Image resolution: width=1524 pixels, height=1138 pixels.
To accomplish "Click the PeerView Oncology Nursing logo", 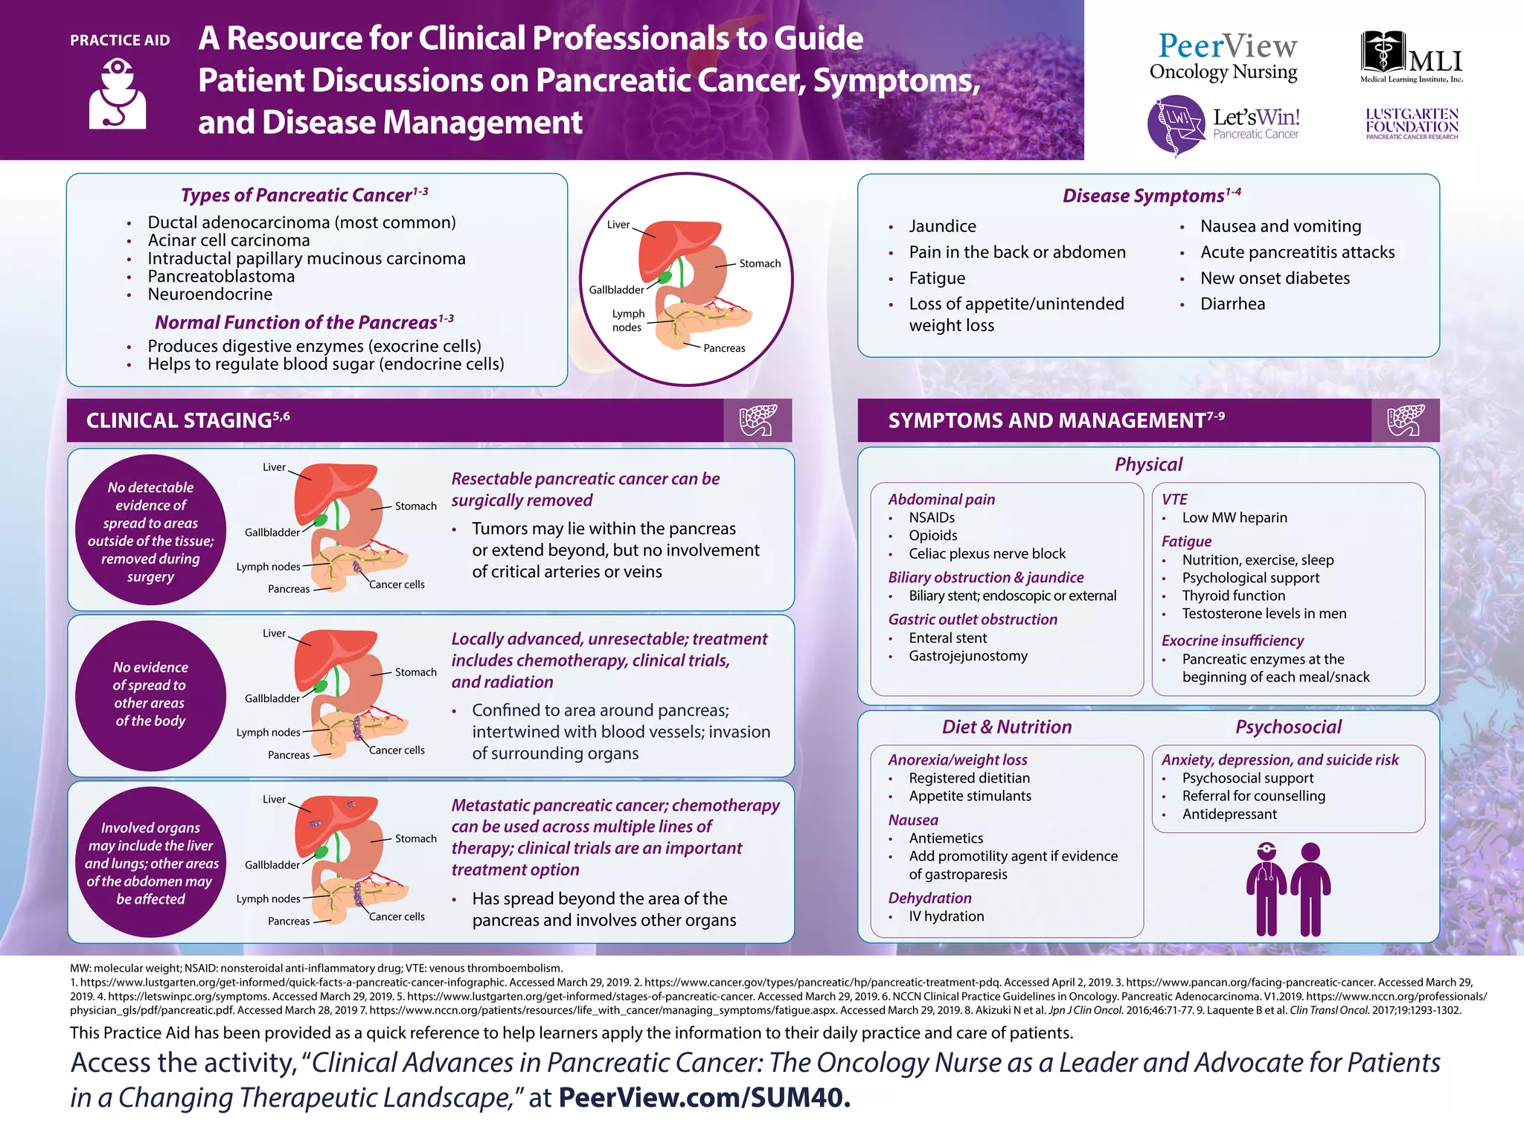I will coord(1226,57).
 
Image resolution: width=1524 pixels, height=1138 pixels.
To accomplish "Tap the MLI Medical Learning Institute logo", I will coord(1412,57).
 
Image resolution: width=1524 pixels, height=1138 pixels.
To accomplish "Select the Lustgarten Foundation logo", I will coord(1412,123).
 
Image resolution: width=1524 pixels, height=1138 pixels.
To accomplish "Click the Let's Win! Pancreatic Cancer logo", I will coord(1224,124).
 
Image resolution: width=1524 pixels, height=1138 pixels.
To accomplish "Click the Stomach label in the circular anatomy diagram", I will coord(760,263).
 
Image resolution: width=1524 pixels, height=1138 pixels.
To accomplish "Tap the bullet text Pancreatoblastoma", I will coord(221,277).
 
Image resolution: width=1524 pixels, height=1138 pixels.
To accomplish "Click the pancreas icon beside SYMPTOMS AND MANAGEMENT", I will coord(1405,420).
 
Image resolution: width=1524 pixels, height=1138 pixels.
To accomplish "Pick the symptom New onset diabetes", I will coord(1275,278).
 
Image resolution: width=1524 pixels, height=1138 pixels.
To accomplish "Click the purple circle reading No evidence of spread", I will coord(150,695).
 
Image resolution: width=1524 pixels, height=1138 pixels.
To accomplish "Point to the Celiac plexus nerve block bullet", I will coord(987,553).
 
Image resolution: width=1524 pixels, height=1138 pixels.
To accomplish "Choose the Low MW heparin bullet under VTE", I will coord(1234,518).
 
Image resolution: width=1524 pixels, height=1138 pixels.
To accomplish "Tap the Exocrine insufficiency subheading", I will coord(1232,640).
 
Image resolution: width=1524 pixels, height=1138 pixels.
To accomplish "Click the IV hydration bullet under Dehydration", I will coord(946,916).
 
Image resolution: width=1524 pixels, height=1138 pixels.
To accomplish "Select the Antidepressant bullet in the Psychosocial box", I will coord(1229,814).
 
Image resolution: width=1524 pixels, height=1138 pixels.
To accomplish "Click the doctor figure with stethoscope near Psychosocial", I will coord(1266,889).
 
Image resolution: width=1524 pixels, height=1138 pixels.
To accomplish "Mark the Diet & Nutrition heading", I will coord(1007,727).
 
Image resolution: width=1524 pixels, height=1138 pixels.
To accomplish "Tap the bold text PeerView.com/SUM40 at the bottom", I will coord(704,1097).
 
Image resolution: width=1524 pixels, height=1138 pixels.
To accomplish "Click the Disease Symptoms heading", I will coord(1150,196).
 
